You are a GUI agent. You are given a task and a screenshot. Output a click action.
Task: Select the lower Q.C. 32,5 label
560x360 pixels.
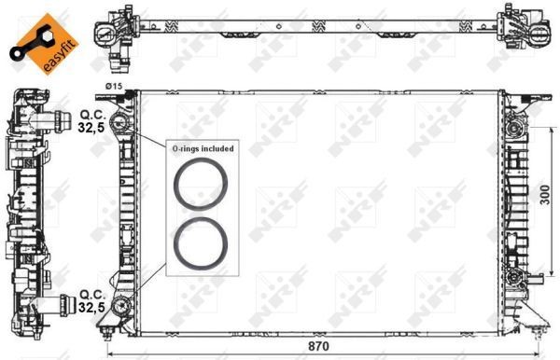(90, 301)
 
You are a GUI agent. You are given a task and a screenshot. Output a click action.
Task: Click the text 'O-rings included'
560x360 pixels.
(202, 148)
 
